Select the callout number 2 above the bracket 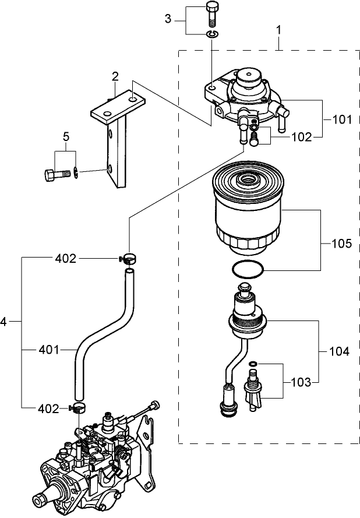[x=115, y=76]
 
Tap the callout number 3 [x=168, y=19]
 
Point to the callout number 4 [x=4, y=322]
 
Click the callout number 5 [x=66, y=138]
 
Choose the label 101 [x=342, y=120]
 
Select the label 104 [x=339, y=351]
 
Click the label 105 [x=342, y=244]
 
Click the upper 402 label [x=66, y=258]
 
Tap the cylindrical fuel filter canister [x=249, y=210]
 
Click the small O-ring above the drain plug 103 [x=253, y=364]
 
